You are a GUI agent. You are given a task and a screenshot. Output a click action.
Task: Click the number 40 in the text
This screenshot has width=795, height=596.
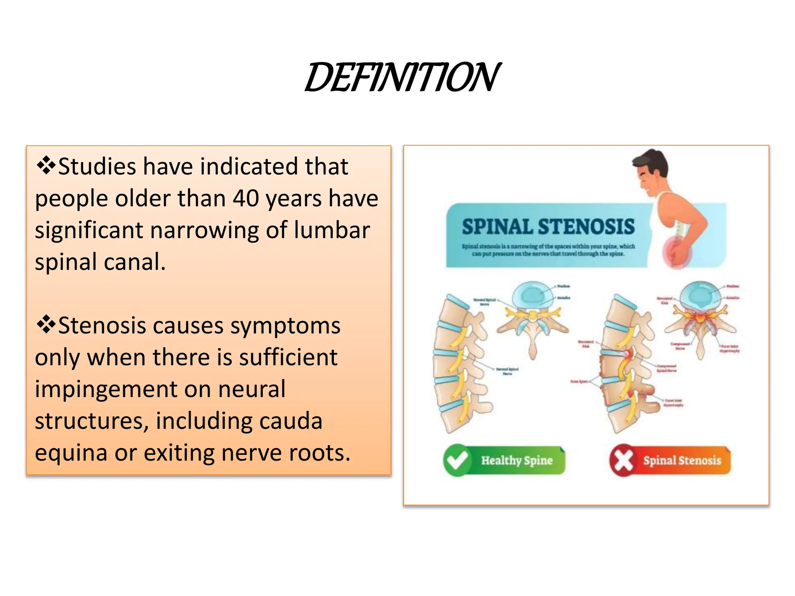click(246, 199)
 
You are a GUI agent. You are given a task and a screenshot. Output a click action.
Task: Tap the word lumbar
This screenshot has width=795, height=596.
click(332, 230)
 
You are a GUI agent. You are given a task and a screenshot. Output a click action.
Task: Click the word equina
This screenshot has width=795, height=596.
click(71, 453)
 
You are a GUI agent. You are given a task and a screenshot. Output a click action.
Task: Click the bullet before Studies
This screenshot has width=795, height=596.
click(45, 166)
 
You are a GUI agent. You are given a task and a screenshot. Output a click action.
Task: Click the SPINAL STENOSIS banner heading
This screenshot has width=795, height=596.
click(548, 227)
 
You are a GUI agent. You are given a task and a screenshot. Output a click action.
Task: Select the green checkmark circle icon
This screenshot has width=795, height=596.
click(457, 460)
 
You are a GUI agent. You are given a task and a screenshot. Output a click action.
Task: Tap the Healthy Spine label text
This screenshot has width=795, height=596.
click(517, 461)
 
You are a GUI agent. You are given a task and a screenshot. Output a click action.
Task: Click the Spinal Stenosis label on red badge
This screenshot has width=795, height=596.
click(682, 461)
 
